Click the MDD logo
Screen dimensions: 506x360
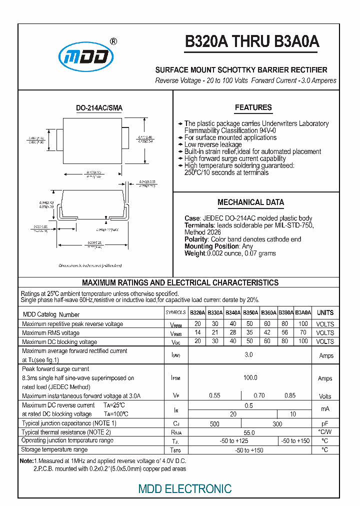[x=84, y=56]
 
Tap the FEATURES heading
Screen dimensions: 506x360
[x=253, y=107]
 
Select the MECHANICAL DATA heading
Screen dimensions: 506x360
[x=250, y=202]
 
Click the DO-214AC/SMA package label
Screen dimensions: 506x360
[x=99, y=108]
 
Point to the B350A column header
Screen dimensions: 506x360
[x=250, y=312]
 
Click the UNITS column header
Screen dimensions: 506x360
[x=325, y=312]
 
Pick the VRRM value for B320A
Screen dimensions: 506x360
[x=197, y=324]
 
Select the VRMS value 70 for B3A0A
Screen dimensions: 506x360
[x=303, y=332]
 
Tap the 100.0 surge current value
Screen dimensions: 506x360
[x=250, y=378]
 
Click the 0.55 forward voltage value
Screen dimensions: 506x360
[x=214, y=395]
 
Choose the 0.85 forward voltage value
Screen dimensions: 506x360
[x=290, y=395]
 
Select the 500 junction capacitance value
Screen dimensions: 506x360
[x=214, y=423]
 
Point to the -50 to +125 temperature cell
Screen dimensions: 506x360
[x=234, y=441]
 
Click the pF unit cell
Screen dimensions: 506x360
[x=325, y=423]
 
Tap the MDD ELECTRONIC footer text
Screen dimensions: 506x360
[x=185, y=488]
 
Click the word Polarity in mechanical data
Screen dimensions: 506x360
[x=196, y=239]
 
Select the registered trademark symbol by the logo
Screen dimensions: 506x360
[x=113, y=42]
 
